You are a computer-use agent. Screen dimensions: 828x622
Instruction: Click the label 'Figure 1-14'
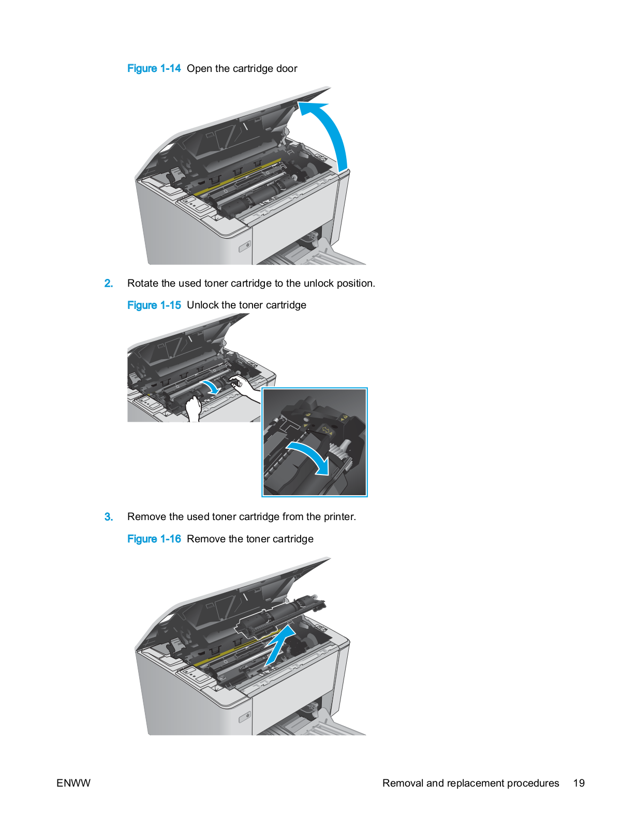coord(154,68)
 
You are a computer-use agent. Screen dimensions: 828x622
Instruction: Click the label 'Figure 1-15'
coord(154,305)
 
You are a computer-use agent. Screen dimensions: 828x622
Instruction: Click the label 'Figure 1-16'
coord(154,539)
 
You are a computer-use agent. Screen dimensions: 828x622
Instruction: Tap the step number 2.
coord(108,283)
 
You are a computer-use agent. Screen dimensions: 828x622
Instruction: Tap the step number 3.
coord(108,516)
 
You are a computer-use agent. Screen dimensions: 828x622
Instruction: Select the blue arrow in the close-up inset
coord(310,456)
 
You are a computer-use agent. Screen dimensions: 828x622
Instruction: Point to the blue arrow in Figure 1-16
coord(280,646)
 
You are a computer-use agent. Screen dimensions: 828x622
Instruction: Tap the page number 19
coord(579,783)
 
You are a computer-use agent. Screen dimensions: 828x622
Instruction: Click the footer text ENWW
coord(73,783)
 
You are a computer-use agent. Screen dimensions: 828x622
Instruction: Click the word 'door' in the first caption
coord(286,68)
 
